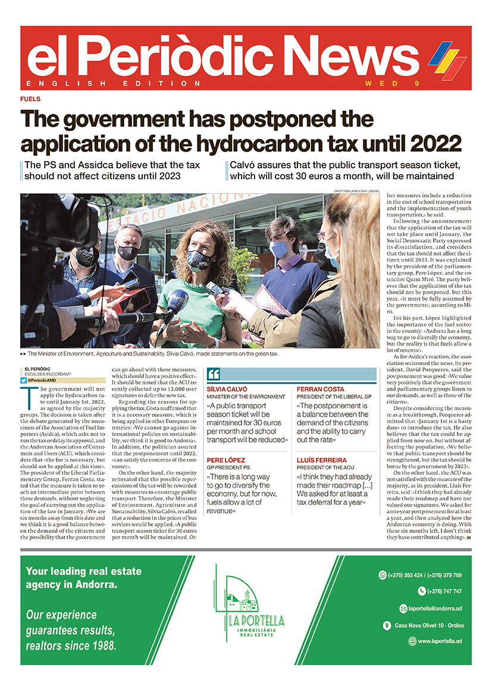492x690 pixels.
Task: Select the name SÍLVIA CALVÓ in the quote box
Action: [227, 388]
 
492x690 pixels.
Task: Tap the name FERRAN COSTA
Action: [320, 388]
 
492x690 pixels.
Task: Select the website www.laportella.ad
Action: [440, 641]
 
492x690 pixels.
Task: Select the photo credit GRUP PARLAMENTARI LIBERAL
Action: [353, 191]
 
